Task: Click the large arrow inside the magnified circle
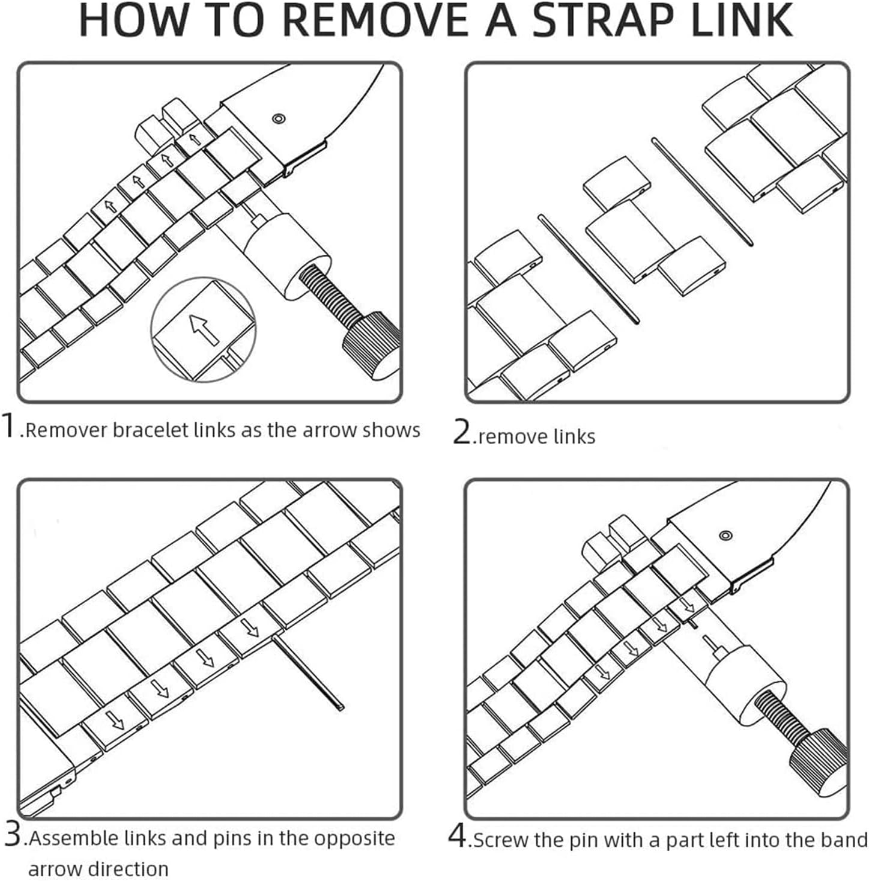point(204,329)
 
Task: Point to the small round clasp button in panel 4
point(725,535)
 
